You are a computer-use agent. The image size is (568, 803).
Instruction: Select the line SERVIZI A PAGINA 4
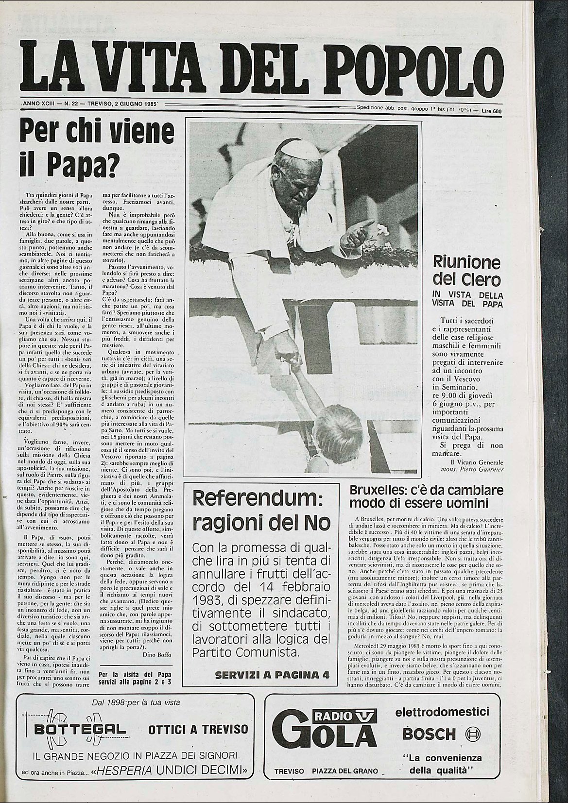coord(272,675)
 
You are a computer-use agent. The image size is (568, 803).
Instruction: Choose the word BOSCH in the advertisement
coord(430,733)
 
